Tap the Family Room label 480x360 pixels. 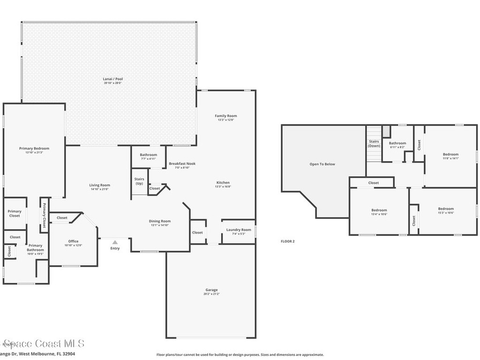[x=226, y=116]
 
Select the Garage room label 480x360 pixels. [x=211, y=290]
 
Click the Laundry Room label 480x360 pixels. [x=239, y=230]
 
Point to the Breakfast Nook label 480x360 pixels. [x=182, y=164]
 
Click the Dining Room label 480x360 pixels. [x=160, y=221]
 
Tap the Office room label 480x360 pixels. [x=73, y=241]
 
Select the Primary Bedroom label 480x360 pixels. [x=34, y=149]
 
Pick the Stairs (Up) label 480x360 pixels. [x=139, y=181]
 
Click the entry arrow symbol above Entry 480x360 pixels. [x=115, y=242]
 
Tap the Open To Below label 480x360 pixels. [x=322, y=164]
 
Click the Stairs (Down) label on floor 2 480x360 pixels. [x=374, y=143]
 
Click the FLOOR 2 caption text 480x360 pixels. [x=287, y=241]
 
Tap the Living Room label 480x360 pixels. [x=99, y=185]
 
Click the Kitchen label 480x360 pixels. [x=223, y=183]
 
